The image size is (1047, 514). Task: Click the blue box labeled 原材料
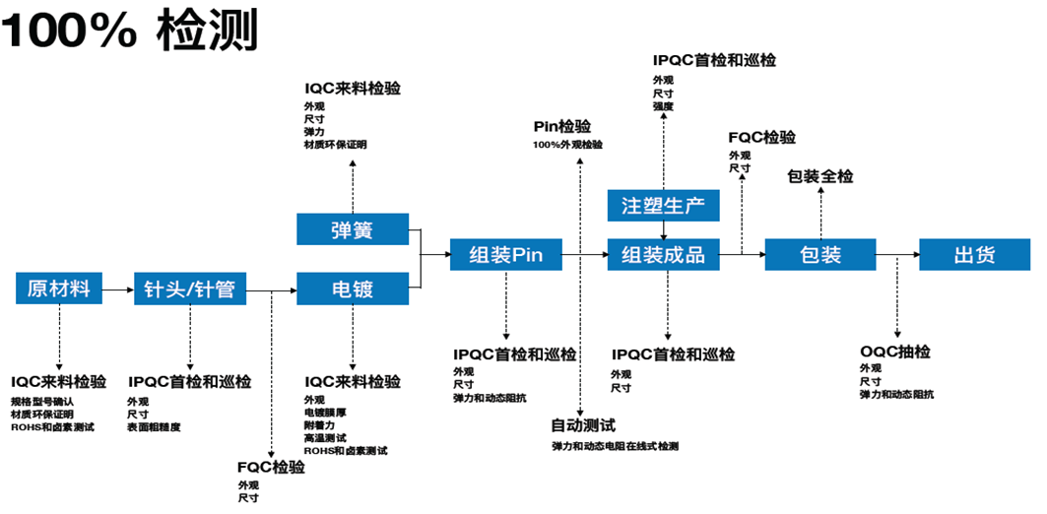tap(59, 289)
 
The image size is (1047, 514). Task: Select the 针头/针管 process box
tap(190, 289)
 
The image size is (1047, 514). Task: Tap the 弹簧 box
tap(354, 230)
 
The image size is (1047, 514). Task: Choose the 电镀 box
tap(354, 289)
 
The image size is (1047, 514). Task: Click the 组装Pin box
tap(506, 255)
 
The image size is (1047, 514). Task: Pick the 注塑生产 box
tap(664, 205)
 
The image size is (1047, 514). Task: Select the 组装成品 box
tap(664, 255)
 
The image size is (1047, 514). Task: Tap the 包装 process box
tap(819, 255)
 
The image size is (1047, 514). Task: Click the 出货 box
tap(975, 255)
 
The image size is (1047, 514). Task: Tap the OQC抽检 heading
tap(895, 352)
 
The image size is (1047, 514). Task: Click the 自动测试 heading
tap(583, 425)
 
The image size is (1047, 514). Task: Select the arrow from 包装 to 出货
tap(896, 256)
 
